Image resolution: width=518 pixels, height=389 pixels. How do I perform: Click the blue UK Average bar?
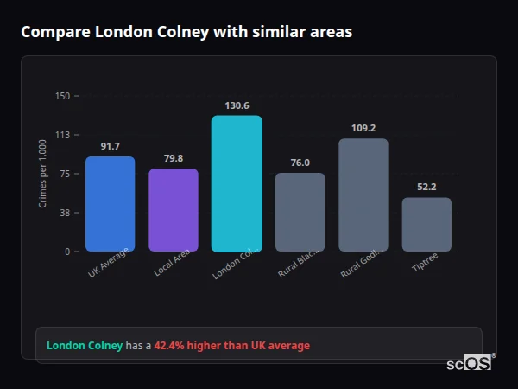pos(110,204)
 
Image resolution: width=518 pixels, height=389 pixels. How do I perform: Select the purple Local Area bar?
pos(174,210)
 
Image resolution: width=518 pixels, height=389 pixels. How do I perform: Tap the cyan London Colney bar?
pos(237,183)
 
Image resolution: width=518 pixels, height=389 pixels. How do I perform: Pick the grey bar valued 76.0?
pos(300,212)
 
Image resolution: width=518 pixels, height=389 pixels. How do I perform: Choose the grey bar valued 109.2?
pos(363,194)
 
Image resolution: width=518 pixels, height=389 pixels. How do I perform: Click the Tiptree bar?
pos(426,225)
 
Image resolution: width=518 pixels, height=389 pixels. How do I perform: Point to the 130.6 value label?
pos(237,105)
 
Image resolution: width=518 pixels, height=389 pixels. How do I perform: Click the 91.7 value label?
pos(110,146)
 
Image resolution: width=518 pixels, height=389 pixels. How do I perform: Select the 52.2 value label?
pos(426,187)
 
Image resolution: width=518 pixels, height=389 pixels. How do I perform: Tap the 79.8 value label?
pos(174,158)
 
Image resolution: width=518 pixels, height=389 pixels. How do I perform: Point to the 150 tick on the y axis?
pos(62,96)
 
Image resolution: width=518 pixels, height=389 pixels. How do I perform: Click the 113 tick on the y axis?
pos(62,135)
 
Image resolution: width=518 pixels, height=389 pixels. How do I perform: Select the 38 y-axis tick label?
pos(64,213)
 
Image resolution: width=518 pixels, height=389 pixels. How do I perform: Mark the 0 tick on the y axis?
pos(66,252)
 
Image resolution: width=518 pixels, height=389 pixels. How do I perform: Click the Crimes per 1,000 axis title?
pos(43,173)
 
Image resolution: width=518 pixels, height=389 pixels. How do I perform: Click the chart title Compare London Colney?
pos(186,32)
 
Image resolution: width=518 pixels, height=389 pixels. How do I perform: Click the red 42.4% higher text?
pos(231,346)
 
